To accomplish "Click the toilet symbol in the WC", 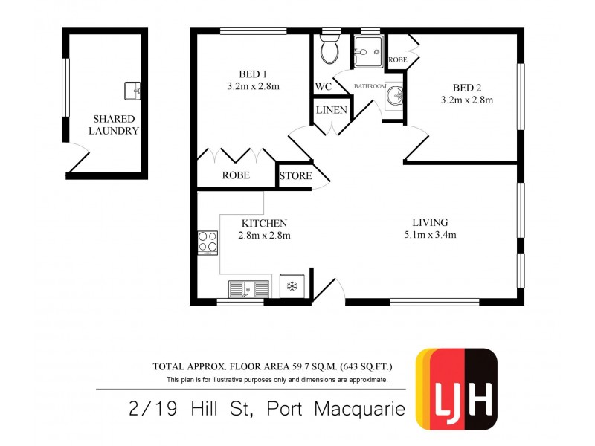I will pyautogui.click(x=329, y=51).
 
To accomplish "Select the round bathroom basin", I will pyautogui.click(x=395, y=95).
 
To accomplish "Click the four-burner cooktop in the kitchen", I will pyautogui.click(x=208, y=242).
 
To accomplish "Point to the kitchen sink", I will pyautogui.click(x=248, y=288).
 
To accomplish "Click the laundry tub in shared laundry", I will pyautogui.click(x=133, y=91).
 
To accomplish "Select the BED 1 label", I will pyautogui.click(x=253, y=74).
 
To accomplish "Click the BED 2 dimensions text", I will pyautogui.click(x=467, y=100).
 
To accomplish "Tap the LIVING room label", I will pyautogui.click(x=430, y=222).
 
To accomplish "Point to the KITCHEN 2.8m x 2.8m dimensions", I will pyautogui.click(x=263, y=236).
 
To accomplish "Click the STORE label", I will pyautogui.click(x=295, y=176).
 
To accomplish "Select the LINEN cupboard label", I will pyautogui.click(x=331, y=110).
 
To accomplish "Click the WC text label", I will pyautogui.click(x=323, y=87).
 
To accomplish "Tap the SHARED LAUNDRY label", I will pyautogui.click(x=114, y=125).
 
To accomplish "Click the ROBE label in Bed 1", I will pyautogui.click(x=236, y=176).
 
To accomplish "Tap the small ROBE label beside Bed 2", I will pyautogui.click(x=396, y=58).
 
